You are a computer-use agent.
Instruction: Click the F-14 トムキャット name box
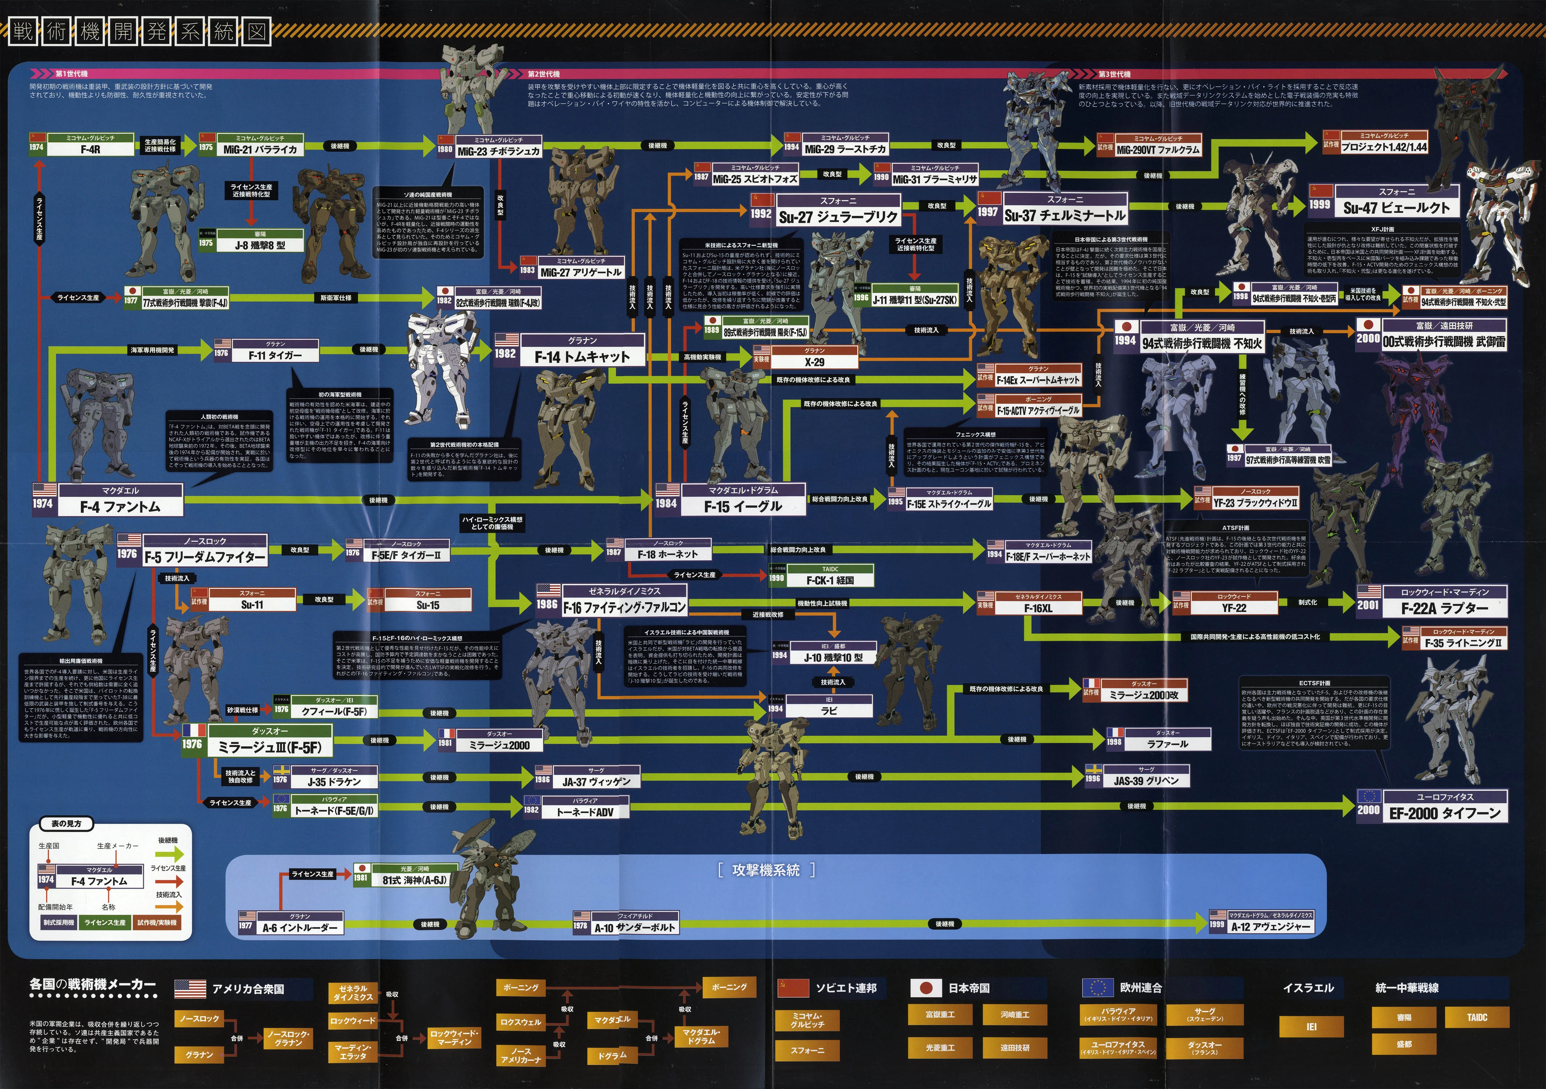pos(582,357)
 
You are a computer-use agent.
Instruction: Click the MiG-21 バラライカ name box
pos(260,149)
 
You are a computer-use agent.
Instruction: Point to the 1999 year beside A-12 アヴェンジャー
pos(1217,925)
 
